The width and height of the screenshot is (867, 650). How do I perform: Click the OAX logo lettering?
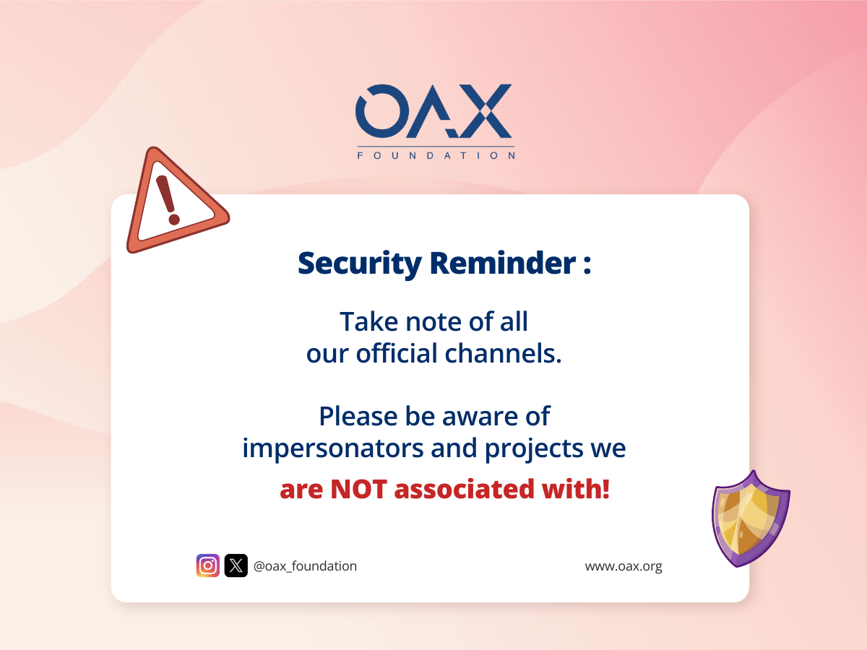pos(433,111)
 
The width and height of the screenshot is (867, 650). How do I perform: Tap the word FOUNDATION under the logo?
pos(436,155)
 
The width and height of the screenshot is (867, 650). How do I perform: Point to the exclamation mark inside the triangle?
pos(168,200)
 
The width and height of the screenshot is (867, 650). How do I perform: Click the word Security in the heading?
pos(360,264)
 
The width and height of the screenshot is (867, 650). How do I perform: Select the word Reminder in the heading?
pos(503,263)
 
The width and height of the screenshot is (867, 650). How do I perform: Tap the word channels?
pos(503,353)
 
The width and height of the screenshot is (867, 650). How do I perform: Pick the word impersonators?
pos(332,448)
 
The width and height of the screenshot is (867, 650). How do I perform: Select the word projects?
pos(534,449)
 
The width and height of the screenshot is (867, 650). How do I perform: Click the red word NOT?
pos(358,489)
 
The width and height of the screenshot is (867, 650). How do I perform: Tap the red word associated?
pos(464,489)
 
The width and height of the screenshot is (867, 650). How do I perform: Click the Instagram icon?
pos(208,565)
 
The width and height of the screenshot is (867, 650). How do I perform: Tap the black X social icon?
pos(236,565)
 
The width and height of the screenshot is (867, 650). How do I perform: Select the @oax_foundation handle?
pos(305,566)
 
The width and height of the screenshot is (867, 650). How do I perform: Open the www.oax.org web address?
pos(624,567)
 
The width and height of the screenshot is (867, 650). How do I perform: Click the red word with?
pos(576,489)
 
